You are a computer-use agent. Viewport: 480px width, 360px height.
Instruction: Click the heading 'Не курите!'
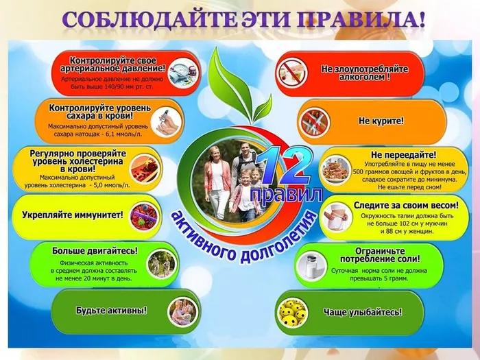(x=381, y=121)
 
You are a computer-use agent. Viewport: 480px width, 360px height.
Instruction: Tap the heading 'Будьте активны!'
(x=112, y=310)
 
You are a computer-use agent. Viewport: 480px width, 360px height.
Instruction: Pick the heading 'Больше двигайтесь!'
(x=95, y=250)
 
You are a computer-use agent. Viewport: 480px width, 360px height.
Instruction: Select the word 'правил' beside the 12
(x=286, y=194)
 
